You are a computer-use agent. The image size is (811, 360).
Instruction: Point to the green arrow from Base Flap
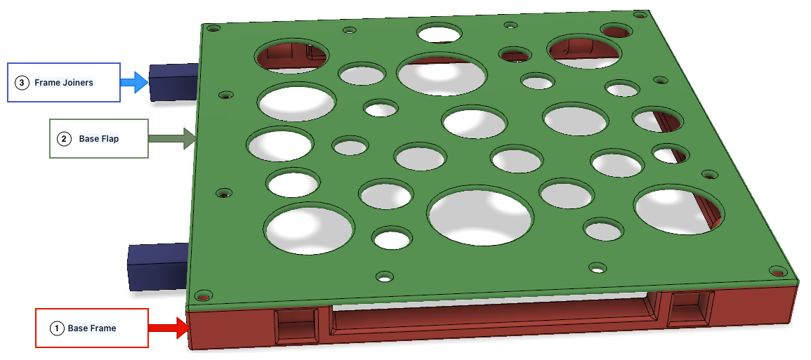click(x=172, y=139)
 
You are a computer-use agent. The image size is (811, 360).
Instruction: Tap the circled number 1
click(x=56, y=328)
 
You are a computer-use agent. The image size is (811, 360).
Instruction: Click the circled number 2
click(x=64, y=139)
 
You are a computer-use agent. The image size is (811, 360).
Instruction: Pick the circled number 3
click(x=22, y=82)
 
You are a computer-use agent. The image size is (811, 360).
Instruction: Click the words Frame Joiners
click(x=64, y=82)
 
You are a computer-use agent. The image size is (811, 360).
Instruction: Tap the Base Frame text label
click(x=91, y=328)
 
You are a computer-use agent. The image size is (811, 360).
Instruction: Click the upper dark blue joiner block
click(x=174, y=82)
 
